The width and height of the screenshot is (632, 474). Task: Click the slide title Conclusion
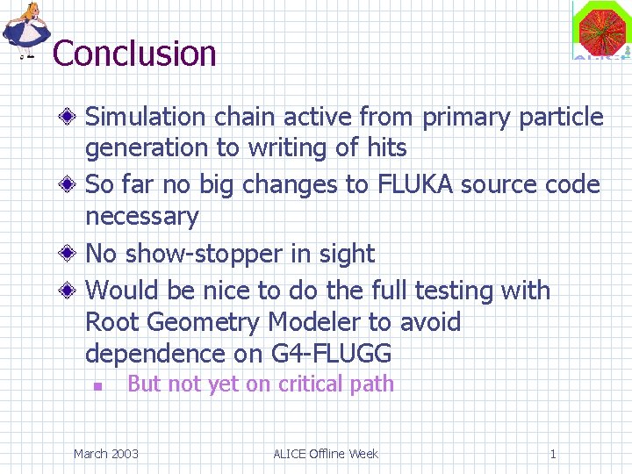coord(134,54)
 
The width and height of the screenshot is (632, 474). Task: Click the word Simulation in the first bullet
coord(146,117)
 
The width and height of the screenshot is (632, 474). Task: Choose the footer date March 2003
coord(105,454)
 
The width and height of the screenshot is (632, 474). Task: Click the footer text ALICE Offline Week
coord(326,454)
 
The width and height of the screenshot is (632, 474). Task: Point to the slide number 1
coord(553,454)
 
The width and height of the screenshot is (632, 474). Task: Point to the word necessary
coord(142,216)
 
